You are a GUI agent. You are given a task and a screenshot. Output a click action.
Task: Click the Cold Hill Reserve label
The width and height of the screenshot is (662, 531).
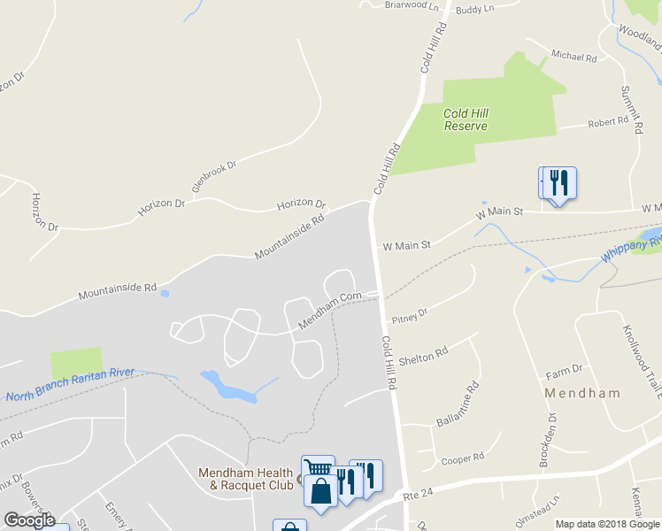coord(466,119)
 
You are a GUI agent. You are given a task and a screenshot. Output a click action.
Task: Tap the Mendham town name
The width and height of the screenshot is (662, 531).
coord(581,392)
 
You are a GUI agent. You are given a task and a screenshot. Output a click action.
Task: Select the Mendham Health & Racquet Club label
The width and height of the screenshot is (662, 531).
coord(245,479)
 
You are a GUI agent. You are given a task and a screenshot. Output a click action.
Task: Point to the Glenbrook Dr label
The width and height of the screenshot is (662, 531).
coord(215,177)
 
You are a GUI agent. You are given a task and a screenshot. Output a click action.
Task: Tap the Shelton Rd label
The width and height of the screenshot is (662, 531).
coord(423,356)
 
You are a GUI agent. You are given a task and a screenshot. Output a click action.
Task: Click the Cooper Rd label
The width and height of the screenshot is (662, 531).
coord(463,458)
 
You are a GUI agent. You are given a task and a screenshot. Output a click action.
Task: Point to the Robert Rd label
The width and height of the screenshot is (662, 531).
coord(608,121)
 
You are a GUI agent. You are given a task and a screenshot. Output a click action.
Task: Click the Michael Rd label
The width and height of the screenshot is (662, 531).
coord(574,56)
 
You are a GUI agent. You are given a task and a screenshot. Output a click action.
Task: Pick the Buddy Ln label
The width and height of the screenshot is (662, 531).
coord(473,9)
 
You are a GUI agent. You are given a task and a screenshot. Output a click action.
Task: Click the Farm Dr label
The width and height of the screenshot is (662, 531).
coord(564,368)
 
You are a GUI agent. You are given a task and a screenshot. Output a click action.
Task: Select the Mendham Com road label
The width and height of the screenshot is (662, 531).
coord(330,310)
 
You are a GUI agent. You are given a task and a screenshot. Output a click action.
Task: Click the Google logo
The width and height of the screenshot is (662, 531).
coord(29,519)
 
